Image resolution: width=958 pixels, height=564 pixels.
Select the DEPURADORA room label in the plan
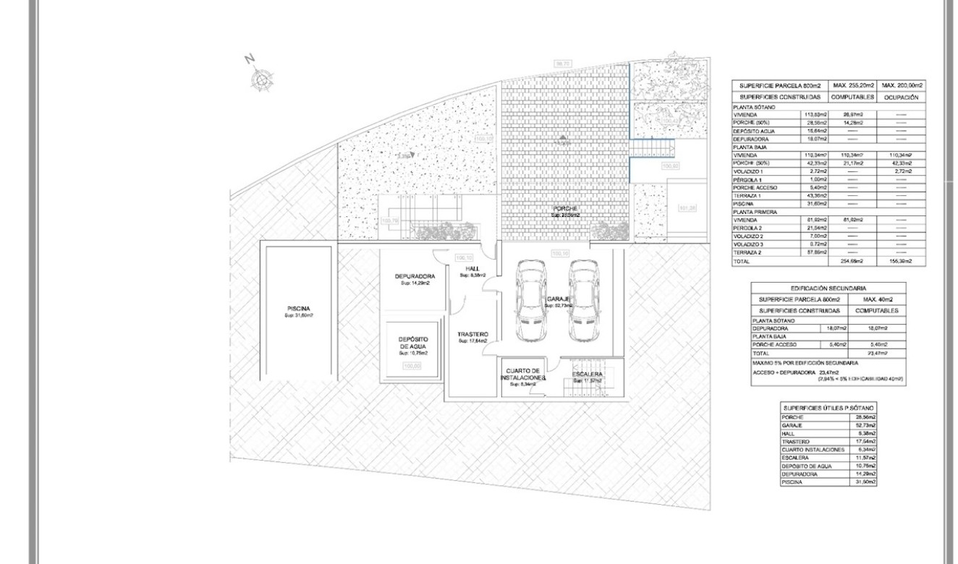click(415, 276)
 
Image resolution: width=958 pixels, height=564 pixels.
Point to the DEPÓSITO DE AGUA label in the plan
click(414, 343)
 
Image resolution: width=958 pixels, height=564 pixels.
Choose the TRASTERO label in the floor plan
click(472, 334)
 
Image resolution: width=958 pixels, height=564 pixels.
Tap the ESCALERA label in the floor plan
click(587, 374)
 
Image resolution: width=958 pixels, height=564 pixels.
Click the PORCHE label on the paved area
click(566, 208)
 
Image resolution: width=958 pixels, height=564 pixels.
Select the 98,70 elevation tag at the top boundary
click(562, 64)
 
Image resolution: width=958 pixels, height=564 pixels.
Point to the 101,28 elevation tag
click(687, 208)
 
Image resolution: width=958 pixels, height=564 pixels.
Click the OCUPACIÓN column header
click(901, 96)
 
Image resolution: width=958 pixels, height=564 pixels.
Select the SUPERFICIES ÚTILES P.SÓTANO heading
click(828, 409)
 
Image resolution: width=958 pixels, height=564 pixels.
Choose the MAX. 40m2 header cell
click(877, 299)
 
